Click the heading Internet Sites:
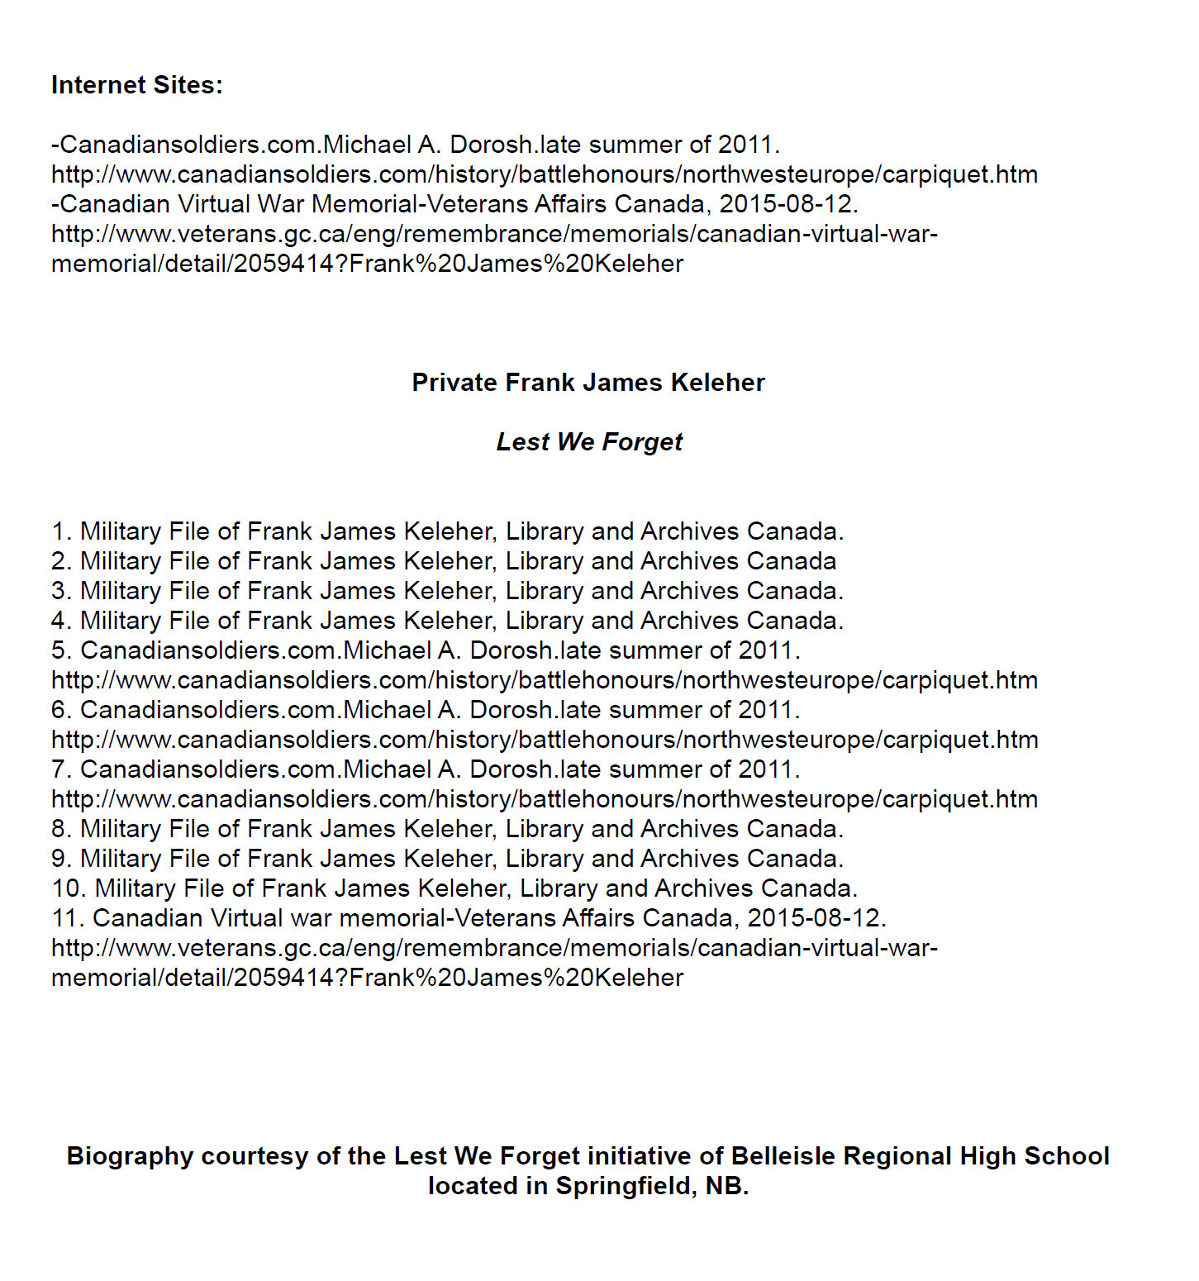pyautogui.click(x=137, y=85)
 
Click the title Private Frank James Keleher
pyautogui.click(x=588, y=383)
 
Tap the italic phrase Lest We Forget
pyautogui.click(x=589, y=442)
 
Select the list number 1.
pyautogui.click(x=59, y=531)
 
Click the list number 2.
pyautogui.click(x=59, y=561)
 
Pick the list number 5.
pyautogui.click(x=59, y=650)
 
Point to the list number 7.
pyautogui.click(x=59, y=769)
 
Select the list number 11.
pyautogui.click(x=66, y=918)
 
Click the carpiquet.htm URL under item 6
pyautogui.click(x=545, y=740)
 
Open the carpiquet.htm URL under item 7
pyautogui.click(x=545, y=799)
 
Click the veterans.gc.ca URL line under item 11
pyautogui.click(x=494, y=948)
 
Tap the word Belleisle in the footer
pyautogui.click(x=783, y=1156)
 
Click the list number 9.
pyautogui.click(x=59, y=859)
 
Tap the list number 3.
pyautogui.click(x=59, y=591)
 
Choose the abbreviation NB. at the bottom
pyautogui.click(x=727, y=1186)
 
